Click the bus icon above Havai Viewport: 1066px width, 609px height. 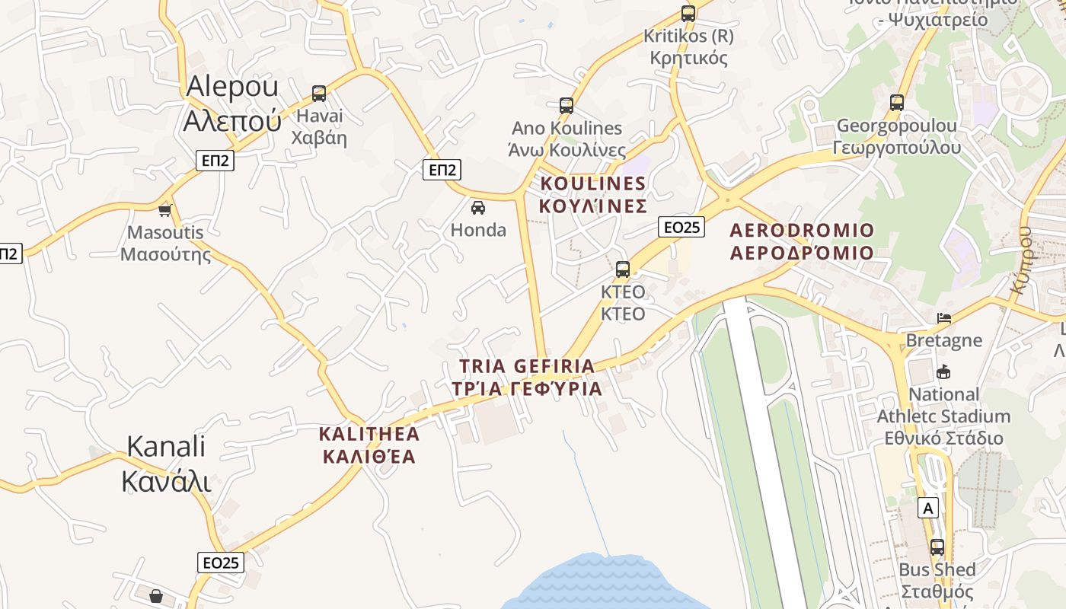tap(319, 94)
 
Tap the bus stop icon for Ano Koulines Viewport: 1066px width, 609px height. tap(566, 106)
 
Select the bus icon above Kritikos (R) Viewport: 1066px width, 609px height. tap(688, 13)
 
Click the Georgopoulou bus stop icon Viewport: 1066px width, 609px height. tap(897, 103)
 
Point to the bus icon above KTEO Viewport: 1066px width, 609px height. tap(623, 269)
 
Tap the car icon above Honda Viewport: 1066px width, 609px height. tap(478, 207)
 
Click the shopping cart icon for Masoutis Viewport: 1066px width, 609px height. tap(165, 210)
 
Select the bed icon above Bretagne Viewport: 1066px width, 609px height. tap(944, 317)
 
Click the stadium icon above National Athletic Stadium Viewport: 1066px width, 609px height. tap(944, 371)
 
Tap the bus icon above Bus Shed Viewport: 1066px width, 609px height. tap(937, 547)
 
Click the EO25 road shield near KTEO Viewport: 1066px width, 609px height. tap(681, 227)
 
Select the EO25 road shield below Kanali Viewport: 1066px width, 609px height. tap(222, 563)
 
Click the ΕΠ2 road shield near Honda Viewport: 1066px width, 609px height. tap(442, 170)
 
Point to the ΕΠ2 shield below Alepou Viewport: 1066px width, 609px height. tap(215, 161)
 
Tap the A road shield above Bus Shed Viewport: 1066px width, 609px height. tap(927, 508)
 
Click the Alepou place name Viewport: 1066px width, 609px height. tap(232, 103)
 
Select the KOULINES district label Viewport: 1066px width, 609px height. tap(593, 194)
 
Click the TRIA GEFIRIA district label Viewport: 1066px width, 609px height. tap(527, 377)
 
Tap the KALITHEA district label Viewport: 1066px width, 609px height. tap(369, 445)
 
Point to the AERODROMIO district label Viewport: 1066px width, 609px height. tap(802, 241)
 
